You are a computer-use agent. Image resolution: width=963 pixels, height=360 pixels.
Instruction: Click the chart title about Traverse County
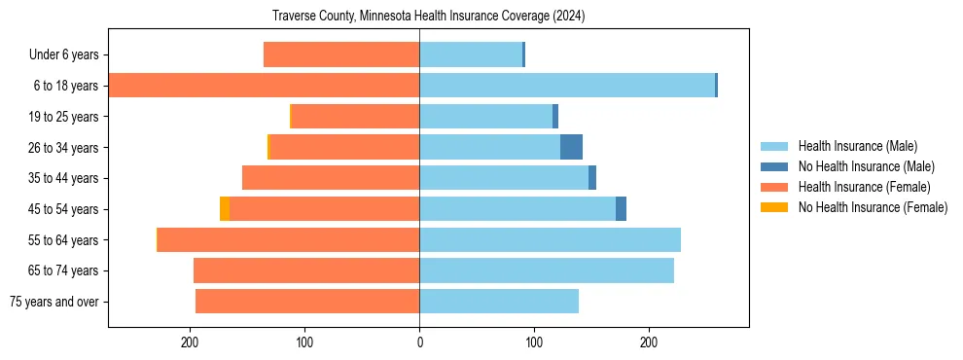click(x=428, y=17)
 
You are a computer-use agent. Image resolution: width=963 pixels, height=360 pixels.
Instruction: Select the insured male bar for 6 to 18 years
click(x=567, y=86)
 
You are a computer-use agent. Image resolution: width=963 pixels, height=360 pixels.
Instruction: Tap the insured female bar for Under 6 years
click(x=341, y=54)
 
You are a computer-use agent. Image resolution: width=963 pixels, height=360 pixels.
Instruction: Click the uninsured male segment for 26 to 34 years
click(x=571, y=147)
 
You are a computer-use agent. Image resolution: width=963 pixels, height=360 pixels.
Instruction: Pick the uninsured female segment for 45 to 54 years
click(x=225, y=209)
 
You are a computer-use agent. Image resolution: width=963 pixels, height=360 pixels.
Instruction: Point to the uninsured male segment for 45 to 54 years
click(x=621, y=209)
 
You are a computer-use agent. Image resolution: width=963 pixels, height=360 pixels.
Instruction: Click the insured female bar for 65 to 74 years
click(x=306, y=270)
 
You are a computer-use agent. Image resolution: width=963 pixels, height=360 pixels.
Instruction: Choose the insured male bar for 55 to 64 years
click(x=550, y=239)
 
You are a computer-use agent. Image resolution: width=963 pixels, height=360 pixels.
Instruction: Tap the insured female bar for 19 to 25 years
click(x=355, y=117)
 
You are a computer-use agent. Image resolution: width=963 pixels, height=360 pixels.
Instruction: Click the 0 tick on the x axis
click(x=419, y=342)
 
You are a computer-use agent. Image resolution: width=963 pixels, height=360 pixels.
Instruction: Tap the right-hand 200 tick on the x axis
click(x=649, y=342)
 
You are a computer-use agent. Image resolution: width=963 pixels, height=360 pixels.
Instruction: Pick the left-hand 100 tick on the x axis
click(x=304, y=342)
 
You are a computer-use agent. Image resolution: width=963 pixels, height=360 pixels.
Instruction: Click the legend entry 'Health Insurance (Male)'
click(x=857, y=146)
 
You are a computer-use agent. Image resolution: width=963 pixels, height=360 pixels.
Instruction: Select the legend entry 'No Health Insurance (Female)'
click(x=873, y=207)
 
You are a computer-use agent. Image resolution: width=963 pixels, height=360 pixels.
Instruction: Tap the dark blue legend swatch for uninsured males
click(x=775, y=166)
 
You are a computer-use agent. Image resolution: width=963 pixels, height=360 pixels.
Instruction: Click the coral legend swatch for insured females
click(x=775, y=187)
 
